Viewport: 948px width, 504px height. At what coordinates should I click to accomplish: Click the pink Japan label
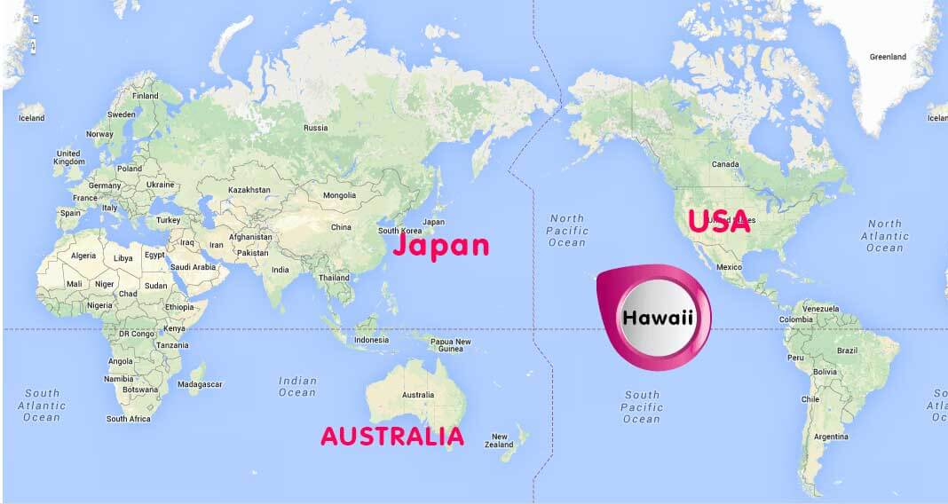pos(440,245)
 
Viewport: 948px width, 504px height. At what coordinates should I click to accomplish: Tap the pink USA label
pos(719,221)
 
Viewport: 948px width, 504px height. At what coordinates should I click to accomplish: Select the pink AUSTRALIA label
pos(391,436)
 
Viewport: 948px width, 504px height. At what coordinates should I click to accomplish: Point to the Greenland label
pos(887,57)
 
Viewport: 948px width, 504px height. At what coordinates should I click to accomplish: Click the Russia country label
pos(315,128)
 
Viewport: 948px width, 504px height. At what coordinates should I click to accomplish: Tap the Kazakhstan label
pos(249,190)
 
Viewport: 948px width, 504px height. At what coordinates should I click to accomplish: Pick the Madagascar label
pos(201,384)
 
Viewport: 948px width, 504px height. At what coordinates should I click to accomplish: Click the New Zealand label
pos(500,441)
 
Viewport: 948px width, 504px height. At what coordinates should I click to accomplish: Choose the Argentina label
pos(831,437)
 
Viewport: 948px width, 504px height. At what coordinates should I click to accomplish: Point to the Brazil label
pos(847,350)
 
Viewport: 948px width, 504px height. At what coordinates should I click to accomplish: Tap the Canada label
pos(725,164)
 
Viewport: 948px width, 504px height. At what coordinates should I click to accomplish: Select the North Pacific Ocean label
pos(566,230)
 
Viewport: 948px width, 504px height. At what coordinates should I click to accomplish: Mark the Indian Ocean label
pos(297,386)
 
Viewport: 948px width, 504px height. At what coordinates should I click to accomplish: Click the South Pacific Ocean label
pos(642,406)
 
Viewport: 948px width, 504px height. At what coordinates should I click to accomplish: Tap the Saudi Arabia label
pos(193,266)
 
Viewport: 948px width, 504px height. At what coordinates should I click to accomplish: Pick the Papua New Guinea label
pos(450,345)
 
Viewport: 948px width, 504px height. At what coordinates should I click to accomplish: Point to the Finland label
pos(145,96)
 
